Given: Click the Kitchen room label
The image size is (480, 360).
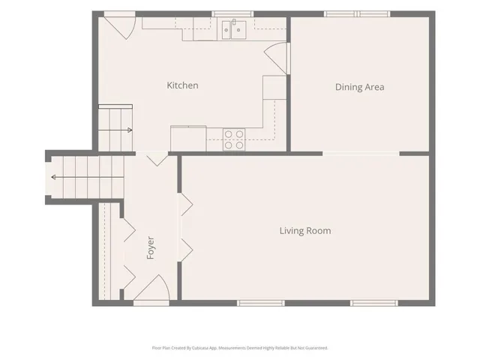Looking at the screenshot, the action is (182, 85).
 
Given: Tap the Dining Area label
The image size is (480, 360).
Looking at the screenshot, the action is (360, 87).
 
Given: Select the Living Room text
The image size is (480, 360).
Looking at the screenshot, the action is (305, 230).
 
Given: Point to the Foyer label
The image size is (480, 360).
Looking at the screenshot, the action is (150, 247).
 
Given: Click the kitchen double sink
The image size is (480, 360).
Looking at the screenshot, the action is (234, 30).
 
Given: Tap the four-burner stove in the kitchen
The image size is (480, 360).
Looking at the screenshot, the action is (234, 139).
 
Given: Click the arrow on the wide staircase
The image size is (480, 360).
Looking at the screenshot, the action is (88, 177).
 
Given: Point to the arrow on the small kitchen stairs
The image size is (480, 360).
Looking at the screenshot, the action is (115, 130).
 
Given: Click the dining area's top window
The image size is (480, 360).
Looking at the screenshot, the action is (357, 13).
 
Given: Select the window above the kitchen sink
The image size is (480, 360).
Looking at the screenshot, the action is (232, 13).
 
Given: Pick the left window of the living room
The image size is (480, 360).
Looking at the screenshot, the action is (261, 303).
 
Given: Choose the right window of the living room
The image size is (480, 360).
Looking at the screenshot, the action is (374, 303).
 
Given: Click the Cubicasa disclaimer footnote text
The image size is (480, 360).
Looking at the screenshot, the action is (240, 348).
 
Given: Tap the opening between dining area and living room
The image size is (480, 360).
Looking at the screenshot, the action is (361, 153).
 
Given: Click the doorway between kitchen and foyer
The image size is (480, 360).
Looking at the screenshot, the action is (151, 153).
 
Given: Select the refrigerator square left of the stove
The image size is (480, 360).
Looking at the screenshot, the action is (188, 138).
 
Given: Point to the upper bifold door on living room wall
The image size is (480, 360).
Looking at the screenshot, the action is (186, 204).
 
